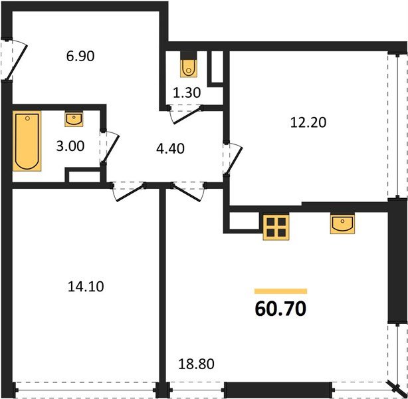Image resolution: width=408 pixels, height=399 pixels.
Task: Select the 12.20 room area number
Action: point(308,123)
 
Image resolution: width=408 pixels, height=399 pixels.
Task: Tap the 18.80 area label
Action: point(197,364)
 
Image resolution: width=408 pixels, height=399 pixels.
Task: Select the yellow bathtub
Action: point(27,141)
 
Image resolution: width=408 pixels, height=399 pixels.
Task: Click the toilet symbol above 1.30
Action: point(189,66)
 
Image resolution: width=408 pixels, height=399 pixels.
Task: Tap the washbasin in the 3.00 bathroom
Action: point(74,120)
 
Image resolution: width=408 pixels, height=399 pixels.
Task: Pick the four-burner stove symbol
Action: point(275,227)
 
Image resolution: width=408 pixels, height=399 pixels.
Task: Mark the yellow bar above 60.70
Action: point(280,291)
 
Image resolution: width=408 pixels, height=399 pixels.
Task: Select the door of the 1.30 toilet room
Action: point(183,115)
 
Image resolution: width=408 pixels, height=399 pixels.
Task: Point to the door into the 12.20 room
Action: point(231,160)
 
